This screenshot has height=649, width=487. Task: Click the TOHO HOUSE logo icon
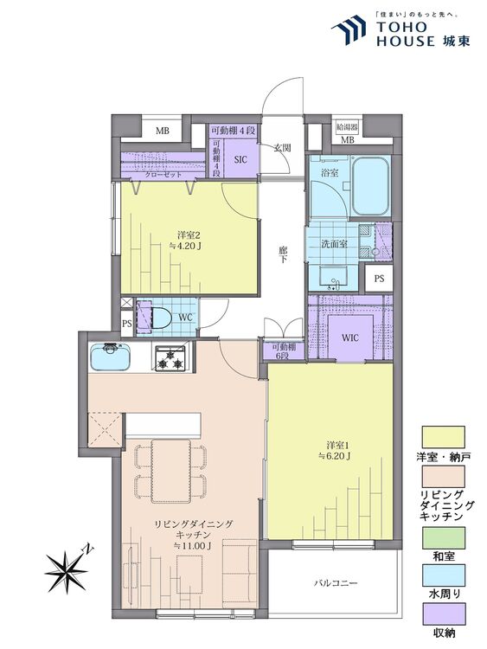point(349,29)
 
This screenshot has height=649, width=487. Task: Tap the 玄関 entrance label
point(282,148)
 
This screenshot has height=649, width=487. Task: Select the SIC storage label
point(240,159)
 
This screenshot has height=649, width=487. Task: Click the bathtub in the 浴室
point(370,185)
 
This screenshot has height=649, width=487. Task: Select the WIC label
point(350,337)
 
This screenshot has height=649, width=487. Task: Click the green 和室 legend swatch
point(443,537)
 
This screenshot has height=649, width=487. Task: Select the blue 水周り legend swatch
point(443,575)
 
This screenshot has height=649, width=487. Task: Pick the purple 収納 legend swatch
point(443,614)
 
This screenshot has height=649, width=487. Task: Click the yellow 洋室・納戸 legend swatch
point(443,437)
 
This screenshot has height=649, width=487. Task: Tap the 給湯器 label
point(347,126)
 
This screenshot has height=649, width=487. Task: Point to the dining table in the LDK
point(171,471)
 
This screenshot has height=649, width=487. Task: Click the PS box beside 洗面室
point(379,278)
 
